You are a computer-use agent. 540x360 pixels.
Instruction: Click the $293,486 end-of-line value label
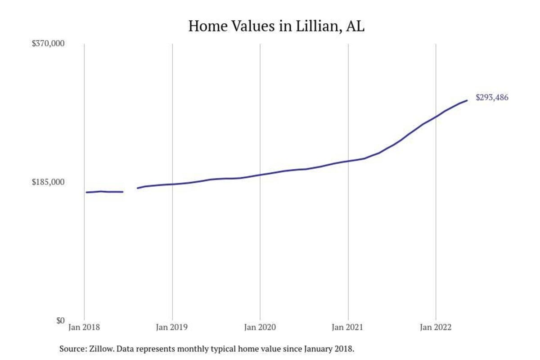coord(492,97)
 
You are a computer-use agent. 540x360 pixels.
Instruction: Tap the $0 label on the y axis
coord(60,320)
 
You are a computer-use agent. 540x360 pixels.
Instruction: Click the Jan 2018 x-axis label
coord(85,328)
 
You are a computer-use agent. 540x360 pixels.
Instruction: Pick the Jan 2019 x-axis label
coord(172,328)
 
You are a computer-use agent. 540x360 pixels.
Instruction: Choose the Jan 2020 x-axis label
coord(260,328)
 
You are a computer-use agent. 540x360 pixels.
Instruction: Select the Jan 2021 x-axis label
coord(348,328)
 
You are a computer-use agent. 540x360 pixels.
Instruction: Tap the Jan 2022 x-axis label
coord(436,328)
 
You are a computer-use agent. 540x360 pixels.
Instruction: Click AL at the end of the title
coord(355,26)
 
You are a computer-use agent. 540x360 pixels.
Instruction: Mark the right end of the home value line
coord(467,100)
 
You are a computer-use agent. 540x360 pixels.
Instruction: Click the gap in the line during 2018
coord(130,190)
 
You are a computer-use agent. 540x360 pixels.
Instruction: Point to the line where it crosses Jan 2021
coord(348,161)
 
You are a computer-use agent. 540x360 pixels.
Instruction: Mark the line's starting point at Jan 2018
coord(86,192)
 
